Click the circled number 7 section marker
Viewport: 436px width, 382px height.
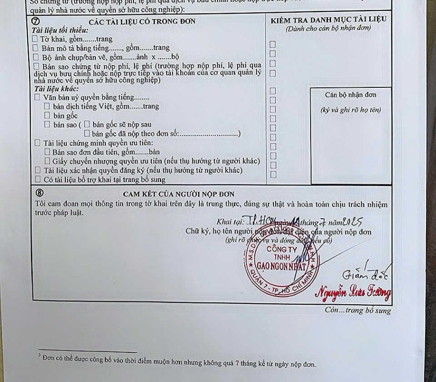tap(35, 21)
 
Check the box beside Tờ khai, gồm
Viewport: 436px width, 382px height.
tap(35, 38)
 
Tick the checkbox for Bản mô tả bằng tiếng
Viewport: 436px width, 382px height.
tap(35, 48)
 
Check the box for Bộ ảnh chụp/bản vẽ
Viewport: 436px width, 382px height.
tap(35, 56)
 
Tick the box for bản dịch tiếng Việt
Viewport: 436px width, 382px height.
tap(47, 106)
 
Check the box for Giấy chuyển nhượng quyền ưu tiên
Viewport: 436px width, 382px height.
tap(47, 161)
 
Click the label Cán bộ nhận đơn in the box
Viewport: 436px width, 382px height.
tap(350, 95)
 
